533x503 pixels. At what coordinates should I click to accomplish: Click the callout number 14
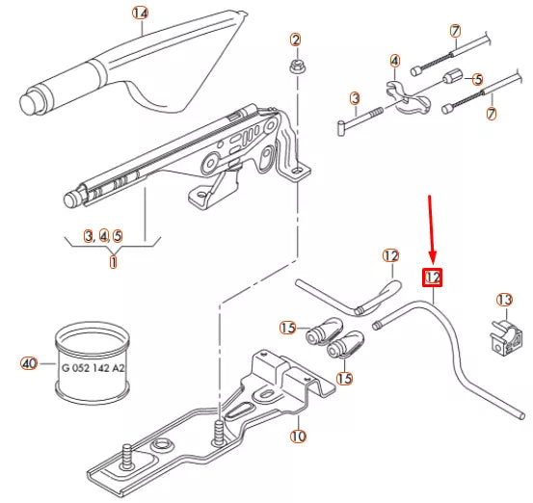click(x=141, y=13)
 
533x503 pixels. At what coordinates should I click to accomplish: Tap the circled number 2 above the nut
click(x=296, y=40)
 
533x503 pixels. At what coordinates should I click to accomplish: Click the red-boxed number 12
click(x=433, y=278)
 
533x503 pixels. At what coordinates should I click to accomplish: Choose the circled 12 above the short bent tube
click(x=390, y=256)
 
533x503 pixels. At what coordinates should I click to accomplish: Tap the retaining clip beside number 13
click(x=503, y=334)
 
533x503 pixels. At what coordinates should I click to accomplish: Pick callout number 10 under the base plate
click(x=298, y=437)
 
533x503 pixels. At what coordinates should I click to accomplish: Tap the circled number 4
click(x=394, y=61)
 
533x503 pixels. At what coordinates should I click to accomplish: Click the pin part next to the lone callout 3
click(x=361, y=117)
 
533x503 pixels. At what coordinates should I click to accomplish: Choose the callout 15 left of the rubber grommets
click(x=287, y=329)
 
